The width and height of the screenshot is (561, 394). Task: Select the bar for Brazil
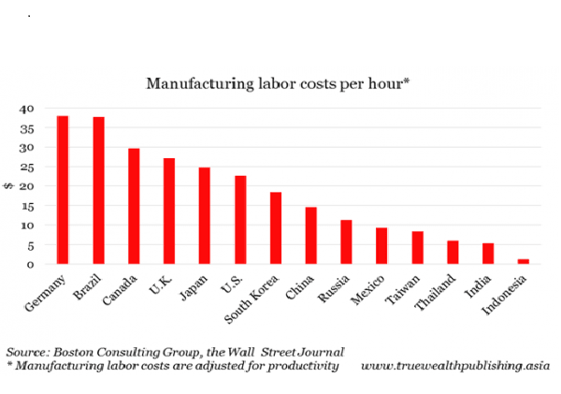point(98,190)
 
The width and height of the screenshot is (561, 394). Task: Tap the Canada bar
point(134,206)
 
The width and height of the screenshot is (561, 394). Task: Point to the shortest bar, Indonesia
point(523,261)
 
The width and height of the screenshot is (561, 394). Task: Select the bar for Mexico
point(381,245)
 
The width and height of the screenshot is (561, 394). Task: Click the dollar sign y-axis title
point(10,186)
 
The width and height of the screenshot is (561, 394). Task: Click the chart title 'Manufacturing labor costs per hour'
point(278,84)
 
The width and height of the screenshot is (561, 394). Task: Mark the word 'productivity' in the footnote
point(298,365)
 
